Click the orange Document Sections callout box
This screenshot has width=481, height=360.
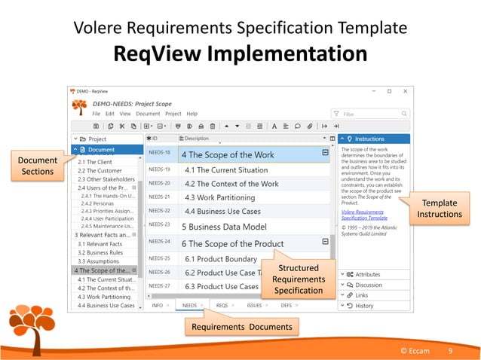pyautogui.click(x=38, y=166)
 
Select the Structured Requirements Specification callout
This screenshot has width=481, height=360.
pyautogui.click(x=299, y=279)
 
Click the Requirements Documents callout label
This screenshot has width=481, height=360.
pyautogui.click(x=241, y=326)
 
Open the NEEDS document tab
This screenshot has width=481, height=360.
pyautogui.click(x=189, y=306)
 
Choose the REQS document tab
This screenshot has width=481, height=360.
pyautogui.click(x=222, y=306)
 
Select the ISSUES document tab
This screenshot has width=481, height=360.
pyautogui.click(x=254, y=306)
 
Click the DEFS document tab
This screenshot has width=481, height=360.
pyautogui.click(x=286, y=306)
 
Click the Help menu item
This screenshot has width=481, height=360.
pyautogui.click(x=192, y=114)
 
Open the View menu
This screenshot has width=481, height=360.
pyautogui.click(x=125, y=114)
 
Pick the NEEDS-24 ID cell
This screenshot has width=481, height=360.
pyautogui.click(x=159, y=242)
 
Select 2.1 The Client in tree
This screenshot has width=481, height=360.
pyautogui.click(x=95, y=162)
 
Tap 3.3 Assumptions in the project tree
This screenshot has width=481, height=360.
pyautogui.click(x=96, y=261)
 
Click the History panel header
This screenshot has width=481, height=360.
pyautogui.click(x=365, y=306)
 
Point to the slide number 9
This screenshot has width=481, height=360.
pyautogui.click(x=450, y=352)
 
